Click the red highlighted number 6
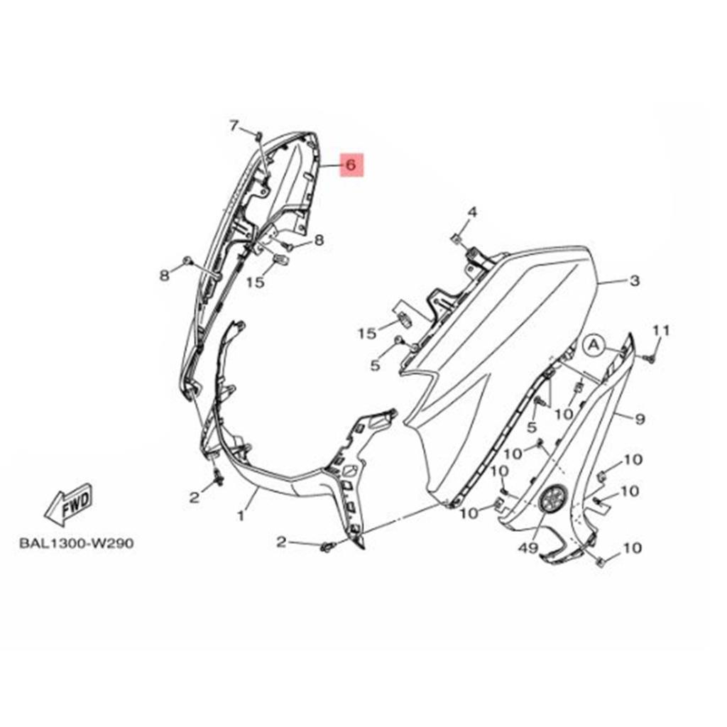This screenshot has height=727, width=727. pyautogui.click(x=352, y=165)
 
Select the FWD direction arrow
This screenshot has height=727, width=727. pyautogui.click(x=69, y=504)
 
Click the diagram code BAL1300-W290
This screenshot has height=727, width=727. pyautogui.click(x=77, y=543)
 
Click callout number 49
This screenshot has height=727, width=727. pyautogui.click(x=528, y=548)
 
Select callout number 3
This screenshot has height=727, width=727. pyautogui.click(x=635, y=280)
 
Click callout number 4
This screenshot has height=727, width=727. pyautogui.click(x=472, y=212)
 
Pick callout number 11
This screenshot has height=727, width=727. pyautogui.click(x=661, y=331)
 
